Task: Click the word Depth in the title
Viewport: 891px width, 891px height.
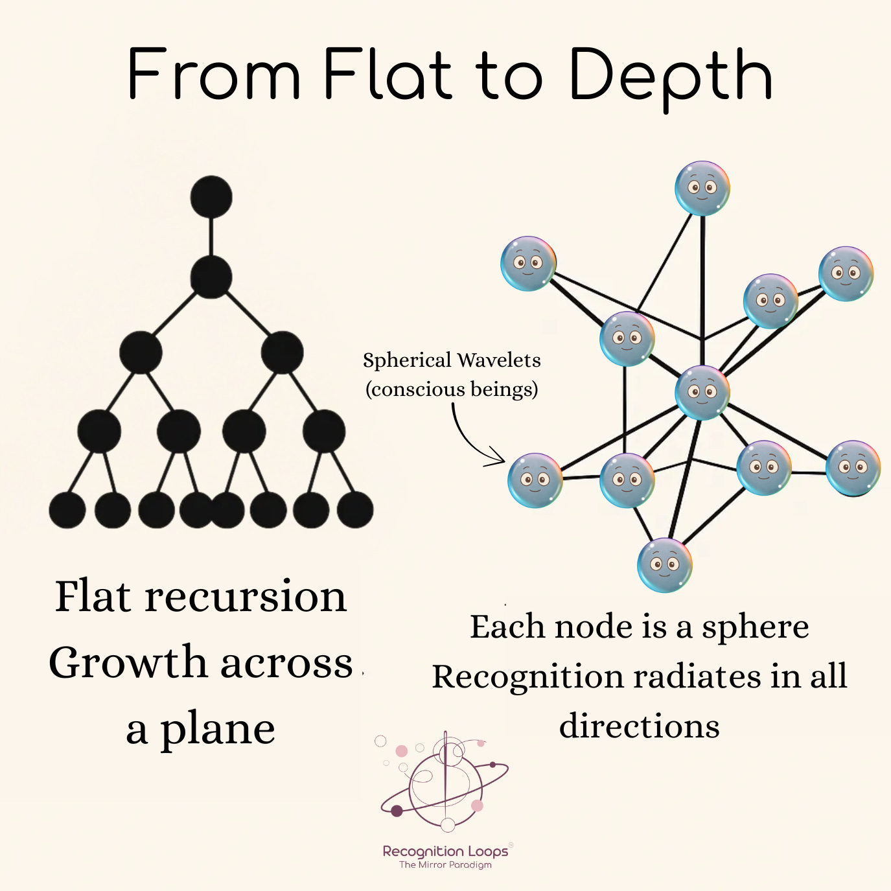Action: (x=671, y=76)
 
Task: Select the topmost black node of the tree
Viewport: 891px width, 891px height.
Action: (x=211, y=197)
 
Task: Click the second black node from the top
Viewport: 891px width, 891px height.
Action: (x=211, y=277)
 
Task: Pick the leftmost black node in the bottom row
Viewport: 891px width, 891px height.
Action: (x=67, y=510)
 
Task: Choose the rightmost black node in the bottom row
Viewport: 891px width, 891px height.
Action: (x=355, y=510)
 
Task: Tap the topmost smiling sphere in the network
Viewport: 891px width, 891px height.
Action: (x=702, y=189)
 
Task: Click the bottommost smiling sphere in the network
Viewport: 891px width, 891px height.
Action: (x=665, y=565)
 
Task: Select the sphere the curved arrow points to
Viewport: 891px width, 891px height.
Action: (x=535, y=480)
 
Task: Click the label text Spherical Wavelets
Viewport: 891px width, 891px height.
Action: (x=452, y=360)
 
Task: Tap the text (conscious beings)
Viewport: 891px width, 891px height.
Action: (x=452, y=389)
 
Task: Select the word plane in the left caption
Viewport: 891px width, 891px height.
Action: (x=218, y=730)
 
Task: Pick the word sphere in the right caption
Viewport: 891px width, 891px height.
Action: (x=756, y=627)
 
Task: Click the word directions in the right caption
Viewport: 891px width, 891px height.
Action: (x=640, y=726)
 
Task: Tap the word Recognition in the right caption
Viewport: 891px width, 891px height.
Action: (x=527, y=677)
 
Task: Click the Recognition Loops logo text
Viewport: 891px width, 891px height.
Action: (x=445, y=851)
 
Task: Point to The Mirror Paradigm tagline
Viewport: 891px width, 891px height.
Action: (x=445, y=865)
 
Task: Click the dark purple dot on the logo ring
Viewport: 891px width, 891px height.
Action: (x=397, y=811)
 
